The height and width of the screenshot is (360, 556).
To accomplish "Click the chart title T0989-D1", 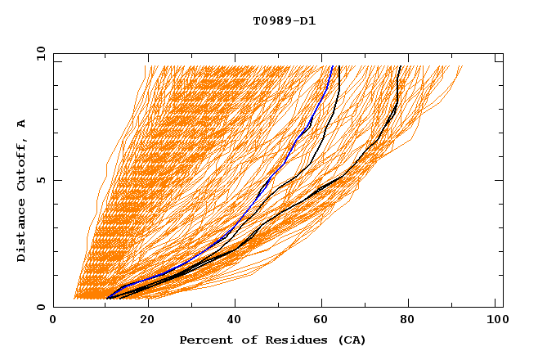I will point(285,20).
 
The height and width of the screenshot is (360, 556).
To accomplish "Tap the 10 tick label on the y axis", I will point(38,52).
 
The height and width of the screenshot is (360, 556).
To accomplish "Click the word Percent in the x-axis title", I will point(204,340).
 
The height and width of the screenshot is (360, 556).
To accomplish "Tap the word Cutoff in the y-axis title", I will point(21,165).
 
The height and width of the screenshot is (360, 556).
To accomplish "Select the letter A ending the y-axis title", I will point(21,124).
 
